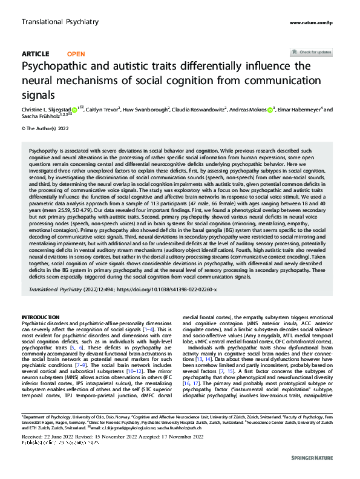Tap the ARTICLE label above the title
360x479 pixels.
(x=35, y=53)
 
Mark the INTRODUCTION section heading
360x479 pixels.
(x=41, y=317)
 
